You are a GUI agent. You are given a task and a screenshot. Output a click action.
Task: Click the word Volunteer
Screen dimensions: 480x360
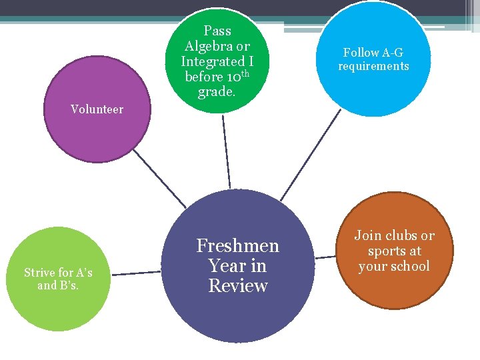97,109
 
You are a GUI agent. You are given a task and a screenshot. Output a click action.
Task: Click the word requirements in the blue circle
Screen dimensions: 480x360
373,66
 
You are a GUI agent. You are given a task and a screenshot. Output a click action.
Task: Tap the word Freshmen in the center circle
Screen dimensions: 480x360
237,246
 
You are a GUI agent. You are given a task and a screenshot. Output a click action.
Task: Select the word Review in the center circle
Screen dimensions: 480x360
238,286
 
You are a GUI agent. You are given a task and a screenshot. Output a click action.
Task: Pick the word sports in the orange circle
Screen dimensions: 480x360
386,251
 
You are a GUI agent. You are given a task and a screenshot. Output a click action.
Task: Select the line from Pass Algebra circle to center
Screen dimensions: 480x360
226,150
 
